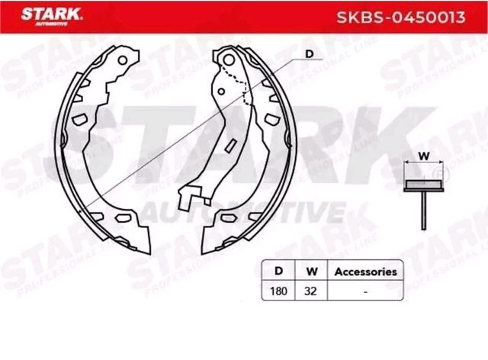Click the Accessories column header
[x=366, y=271]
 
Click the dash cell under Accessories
[x=366, y=291]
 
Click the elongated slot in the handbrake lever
[x=228, y=144]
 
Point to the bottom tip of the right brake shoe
[x=207, y=252]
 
